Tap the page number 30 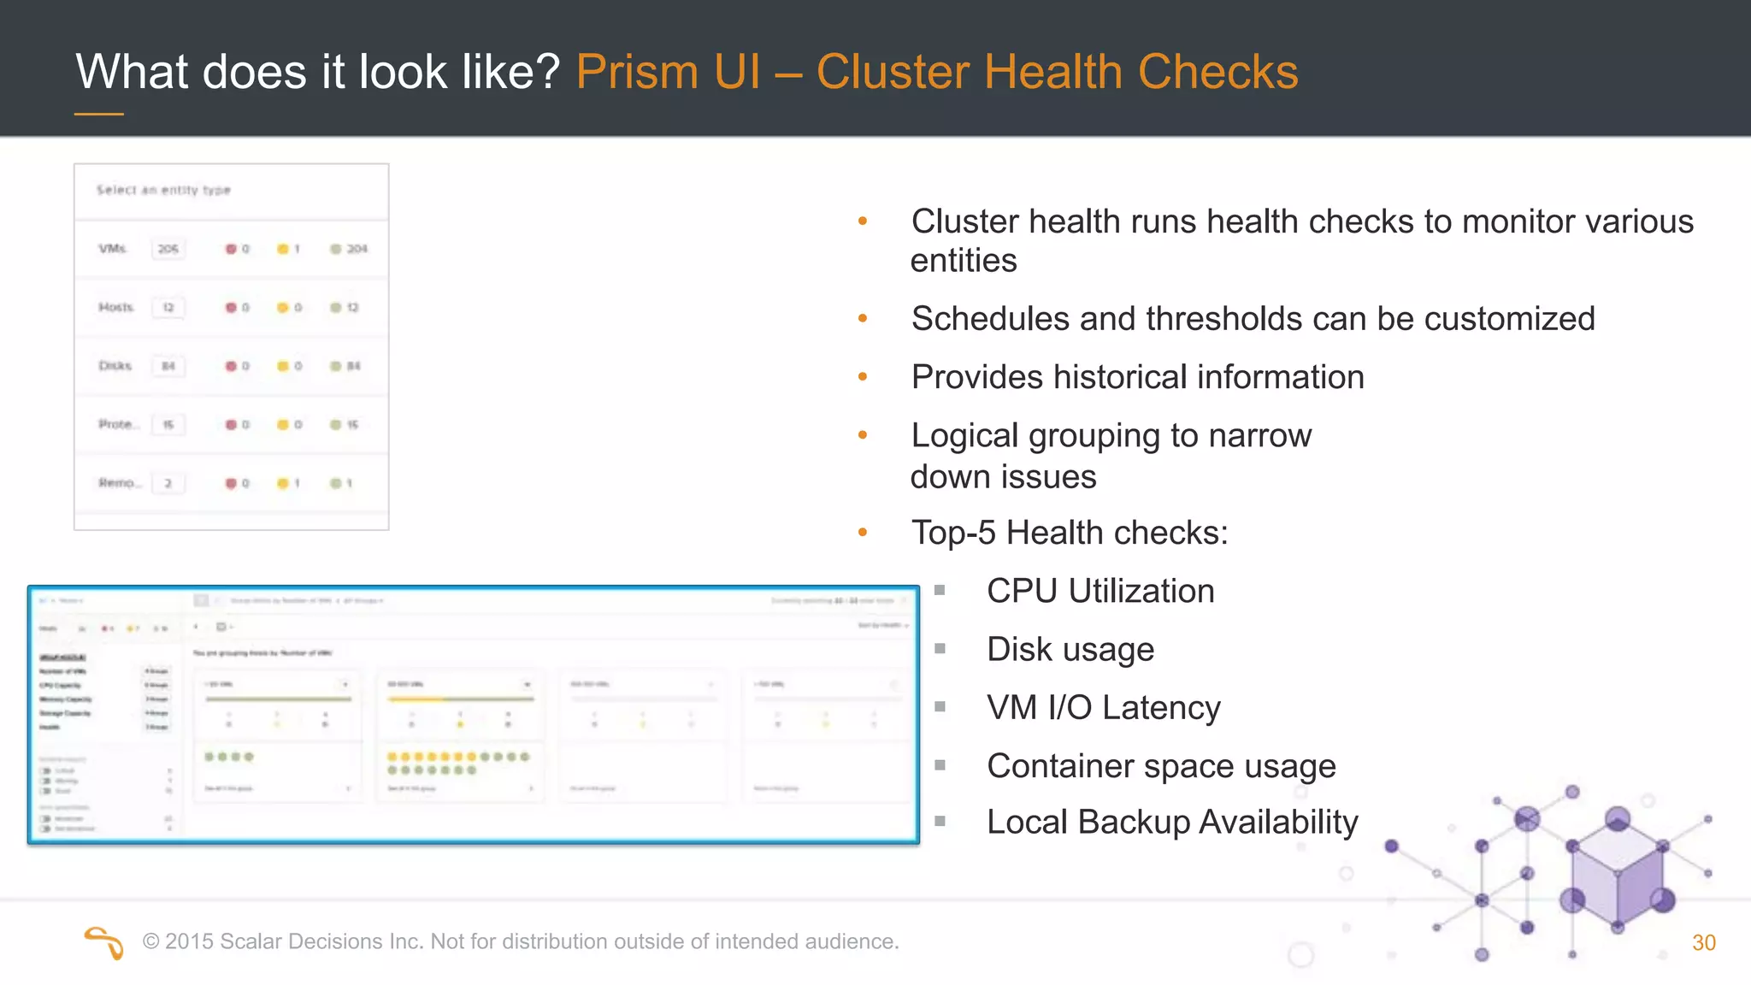[x=1703, y=943]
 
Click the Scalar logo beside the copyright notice [x=104, y=943]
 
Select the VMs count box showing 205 [x=168, y=249]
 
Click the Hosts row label [x=115, y=307]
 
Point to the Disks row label [x=115, y=366]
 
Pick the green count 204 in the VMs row [x=357, y=249]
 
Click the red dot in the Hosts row [x=231, y=308]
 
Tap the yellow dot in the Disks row [x=282, y=366]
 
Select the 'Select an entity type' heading [x=163, y=190]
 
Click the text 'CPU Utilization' [x=1100, y=592]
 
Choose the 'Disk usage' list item [x=1070, y=650]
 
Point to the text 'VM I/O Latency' [x=1103, y=708]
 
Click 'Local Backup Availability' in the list [x=1172, y=823]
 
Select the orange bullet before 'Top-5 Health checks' [x=863, y=533]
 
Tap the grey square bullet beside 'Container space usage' [x=940, y=766]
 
